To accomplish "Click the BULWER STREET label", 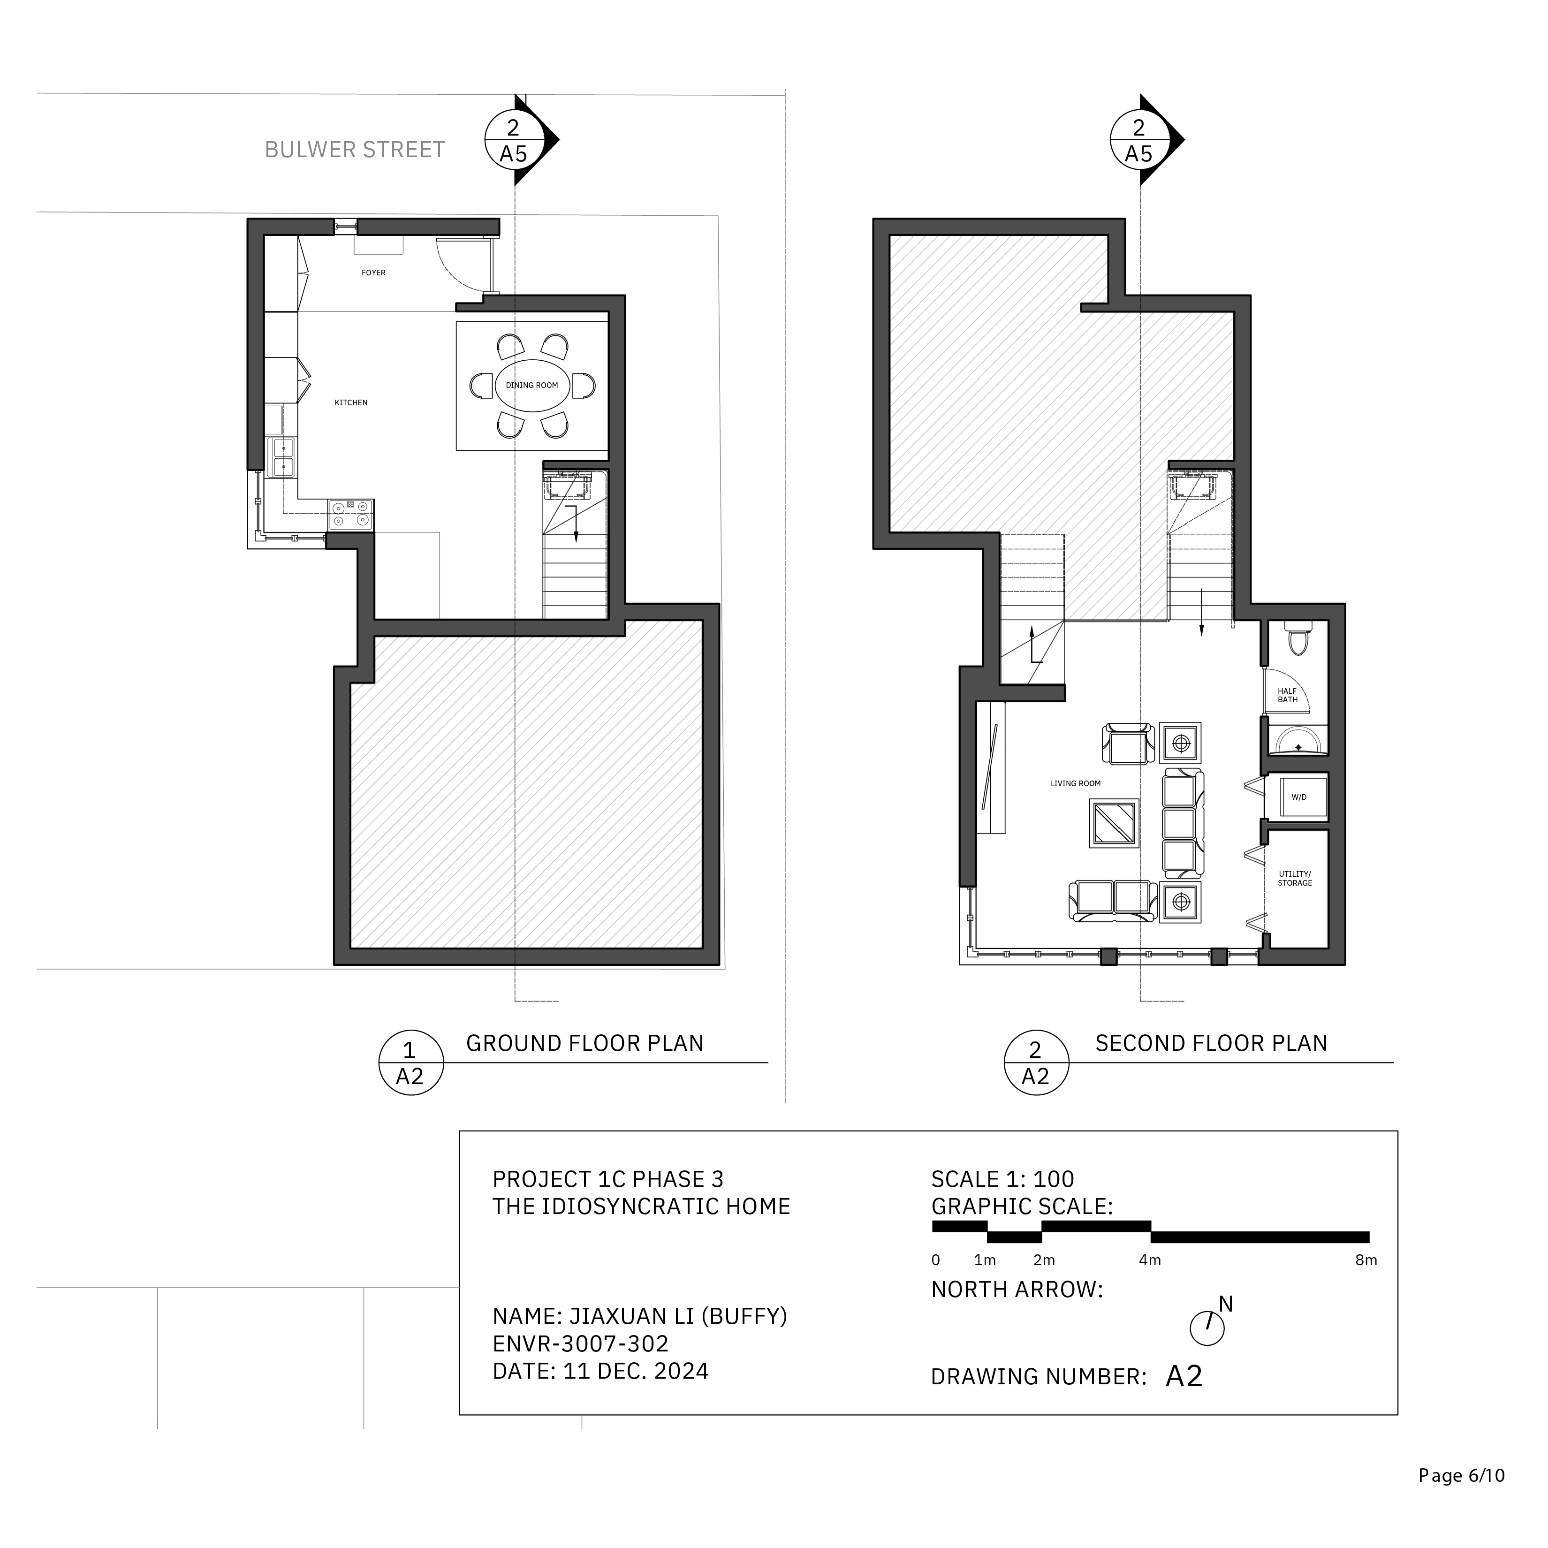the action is [355, 150].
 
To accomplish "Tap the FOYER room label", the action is [373, 273].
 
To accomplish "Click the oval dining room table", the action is [532, 386].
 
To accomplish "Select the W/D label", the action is [1299, 797].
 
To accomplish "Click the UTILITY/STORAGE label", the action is [1295, 878].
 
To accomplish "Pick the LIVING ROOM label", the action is [1075, 783].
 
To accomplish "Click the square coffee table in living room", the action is [1114, 823].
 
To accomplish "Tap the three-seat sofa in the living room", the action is [1183, 823].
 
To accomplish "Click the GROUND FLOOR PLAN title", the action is [585, 1043].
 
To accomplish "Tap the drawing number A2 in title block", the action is [1184, 1376].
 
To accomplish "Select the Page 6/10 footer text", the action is [1462, 1476].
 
